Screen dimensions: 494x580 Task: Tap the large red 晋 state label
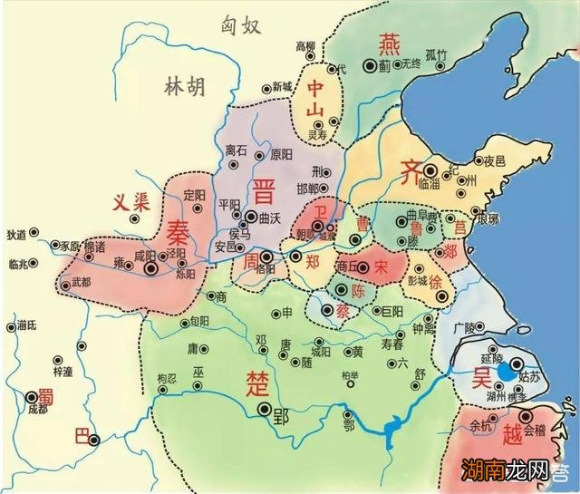[265, 191]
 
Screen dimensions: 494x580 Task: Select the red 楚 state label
[256, 381]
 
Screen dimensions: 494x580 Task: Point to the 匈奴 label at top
[241, 25]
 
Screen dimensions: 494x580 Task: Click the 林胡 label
[184, 87]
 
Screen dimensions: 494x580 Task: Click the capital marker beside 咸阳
[151, 267]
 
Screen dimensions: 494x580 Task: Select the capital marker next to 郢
[266, 410]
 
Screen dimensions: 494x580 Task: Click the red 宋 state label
[381, 266]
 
